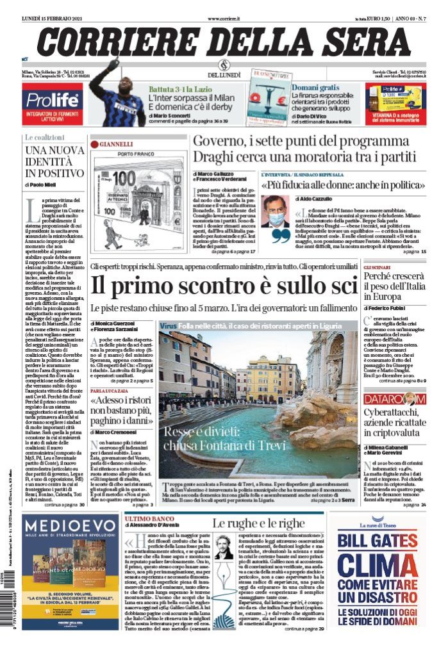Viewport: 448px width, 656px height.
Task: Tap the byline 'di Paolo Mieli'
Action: [x=45, y=184]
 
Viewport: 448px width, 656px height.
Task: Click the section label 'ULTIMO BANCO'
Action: [x=147, y=518]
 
